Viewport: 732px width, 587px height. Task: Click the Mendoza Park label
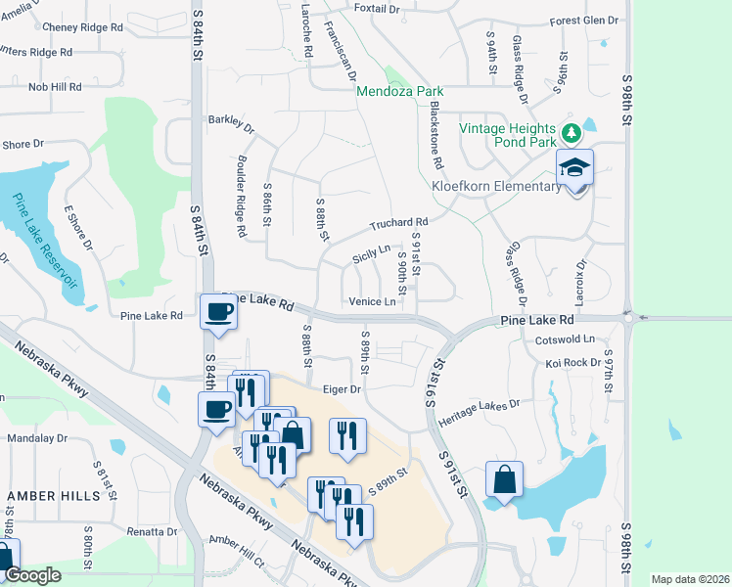[400, 91]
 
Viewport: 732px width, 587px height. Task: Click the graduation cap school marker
[574, 168]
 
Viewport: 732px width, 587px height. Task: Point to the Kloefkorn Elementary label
[496, 186]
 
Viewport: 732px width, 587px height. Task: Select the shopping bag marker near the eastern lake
[504, 480]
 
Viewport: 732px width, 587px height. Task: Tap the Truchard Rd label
[398, 223]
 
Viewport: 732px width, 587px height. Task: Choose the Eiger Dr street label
[343, 388]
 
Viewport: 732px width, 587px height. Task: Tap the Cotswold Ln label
[565, 339]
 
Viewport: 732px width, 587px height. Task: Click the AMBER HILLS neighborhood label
[53, 496]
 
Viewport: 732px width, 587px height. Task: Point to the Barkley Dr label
[230, 124]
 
